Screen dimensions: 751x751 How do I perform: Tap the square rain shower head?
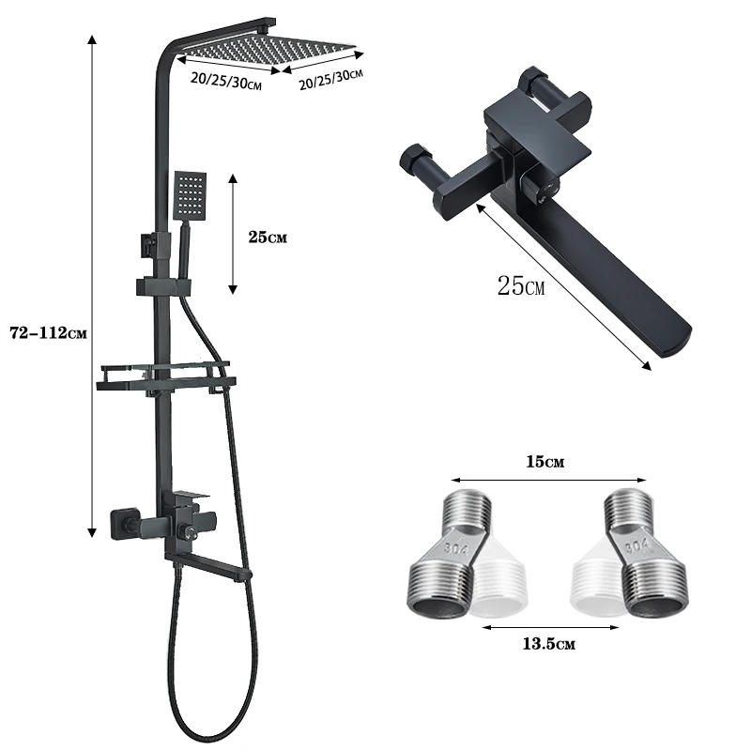click(x=268, y=47)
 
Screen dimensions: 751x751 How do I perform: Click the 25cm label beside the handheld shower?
click(x=268, y=238)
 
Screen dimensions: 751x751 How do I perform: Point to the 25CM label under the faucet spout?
click(x=520, y=285)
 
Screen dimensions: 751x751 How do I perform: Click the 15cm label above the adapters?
click(x=547, y=462)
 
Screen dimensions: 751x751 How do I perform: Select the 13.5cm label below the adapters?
click(x=547, y=643)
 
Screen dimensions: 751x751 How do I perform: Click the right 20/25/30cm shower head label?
click(x=330, y=78)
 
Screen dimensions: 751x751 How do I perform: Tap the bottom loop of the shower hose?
click(x=211, y=728)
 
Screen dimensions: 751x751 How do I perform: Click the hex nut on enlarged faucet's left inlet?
click(x=414, y=160)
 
